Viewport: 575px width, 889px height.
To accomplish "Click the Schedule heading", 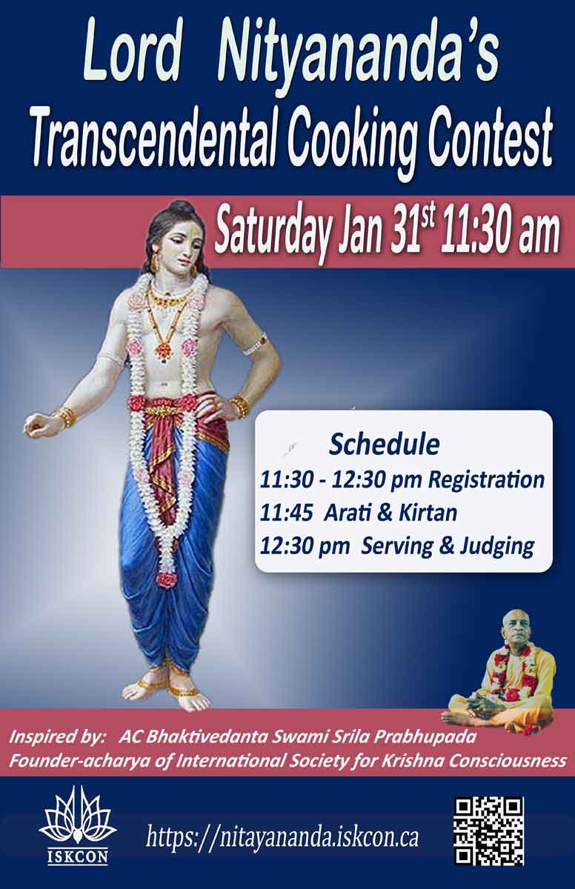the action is [384, 444].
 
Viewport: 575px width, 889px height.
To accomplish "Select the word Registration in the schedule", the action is [486, 481].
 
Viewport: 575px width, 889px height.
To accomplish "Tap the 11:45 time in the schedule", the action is [286, 513].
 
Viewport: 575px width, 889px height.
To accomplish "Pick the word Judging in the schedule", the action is [496, 547].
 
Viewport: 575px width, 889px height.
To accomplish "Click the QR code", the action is [489, 831].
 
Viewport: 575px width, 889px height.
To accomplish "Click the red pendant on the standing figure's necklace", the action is [163, 349].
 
